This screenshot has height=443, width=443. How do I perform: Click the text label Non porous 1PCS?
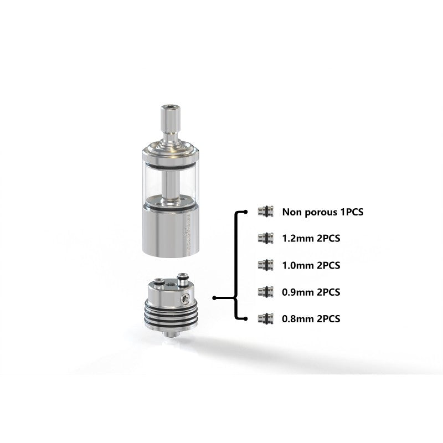coord(323,212)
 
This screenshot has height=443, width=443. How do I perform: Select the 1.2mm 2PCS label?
coord(311,239)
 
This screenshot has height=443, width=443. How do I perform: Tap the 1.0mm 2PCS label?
coord(311,265)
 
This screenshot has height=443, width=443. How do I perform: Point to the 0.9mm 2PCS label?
coord(311,292)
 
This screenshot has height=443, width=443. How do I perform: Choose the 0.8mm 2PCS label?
coord(311,319)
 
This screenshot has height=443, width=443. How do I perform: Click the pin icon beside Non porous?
coord(266,212)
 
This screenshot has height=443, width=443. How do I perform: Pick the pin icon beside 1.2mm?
coord(266,238)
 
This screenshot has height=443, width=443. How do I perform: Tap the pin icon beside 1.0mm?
coord(266,265)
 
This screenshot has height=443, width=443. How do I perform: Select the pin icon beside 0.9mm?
coord(266,292)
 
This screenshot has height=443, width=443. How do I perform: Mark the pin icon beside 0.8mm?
coord(266,318)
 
